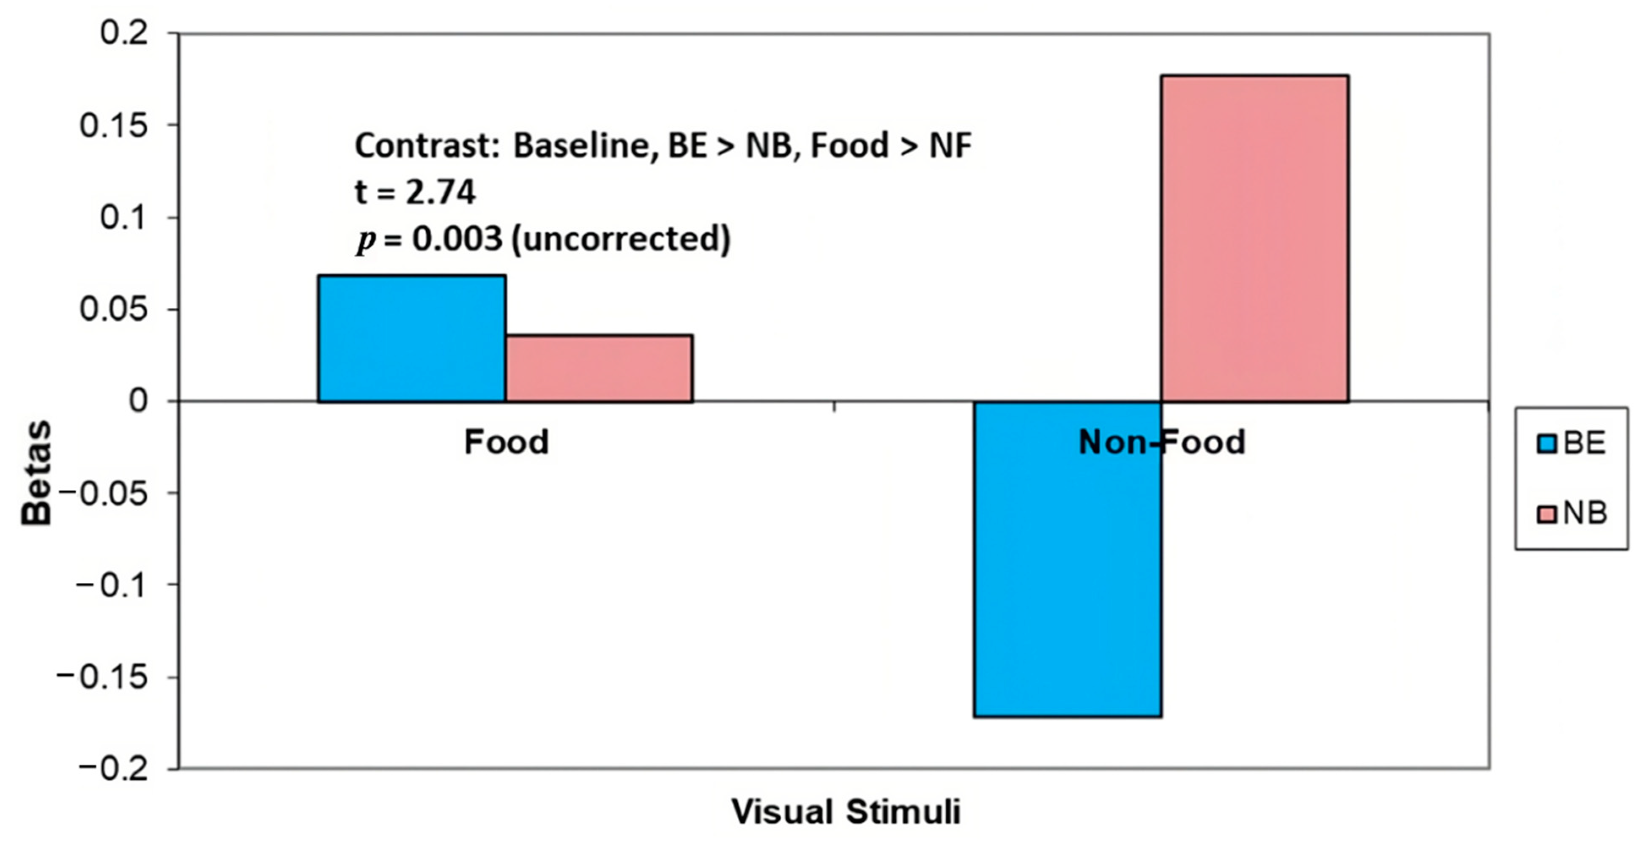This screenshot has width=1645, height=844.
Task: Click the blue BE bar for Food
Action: coord(412,339)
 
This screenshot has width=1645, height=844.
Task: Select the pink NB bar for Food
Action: coord(599,369)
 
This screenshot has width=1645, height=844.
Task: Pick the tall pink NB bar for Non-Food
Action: coord(1254,238)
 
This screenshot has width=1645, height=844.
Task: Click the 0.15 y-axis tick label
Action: coord(114,125)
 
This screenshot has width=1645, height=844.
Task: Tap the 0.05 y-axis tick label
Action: coord(114,310)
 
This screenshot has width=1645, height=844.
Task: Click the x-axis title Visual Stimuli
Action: coord(846,812)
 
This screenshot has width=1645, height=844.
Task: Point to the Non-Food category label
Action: coord(1162,442)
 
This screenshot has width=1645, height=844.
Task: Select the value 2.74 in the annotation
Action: coord(441,192)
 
